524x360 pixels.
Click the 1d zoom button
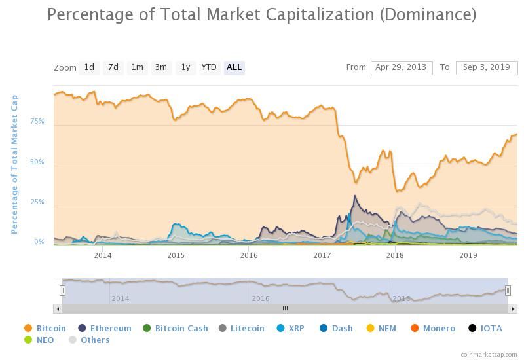pyautogui.click(x=89, y=67)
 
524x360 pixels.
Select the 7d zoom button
pyautogui.click(x=113, y=67)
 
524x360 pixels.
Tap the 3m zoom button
pyautogui.click(x=160, y=67)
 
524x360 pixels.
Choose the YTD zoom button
pyautogui.click(x=209, y=67)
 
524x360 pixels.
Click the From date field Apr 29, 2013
pyautogui.click(x=402, y=67)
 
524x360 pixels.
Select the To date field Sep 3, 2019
pyautogui.click(x=486, y=67)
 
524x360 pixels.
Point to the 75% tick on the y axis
pyautogui.click(x=37, y=122)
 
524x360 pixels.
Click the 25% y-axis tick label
pyautogui.click(x=37, y=202)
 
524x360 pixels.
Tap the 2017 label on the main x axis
pyautogui.click(x=322, y=255)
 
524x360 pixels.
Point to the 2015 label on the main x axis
pyautogui.click(x=176, y=255)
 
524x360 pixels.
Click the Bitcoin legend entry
pyautogui.click(x=45, y=329)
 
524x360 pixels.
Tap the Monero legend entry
pyautogui.click(x=433, y=329)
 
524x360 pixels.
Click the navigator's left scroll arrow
pyautogui.click(x=58, y=308)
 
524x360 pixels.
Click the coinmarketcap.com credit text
pyautogui.click(x=489, y=354)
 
